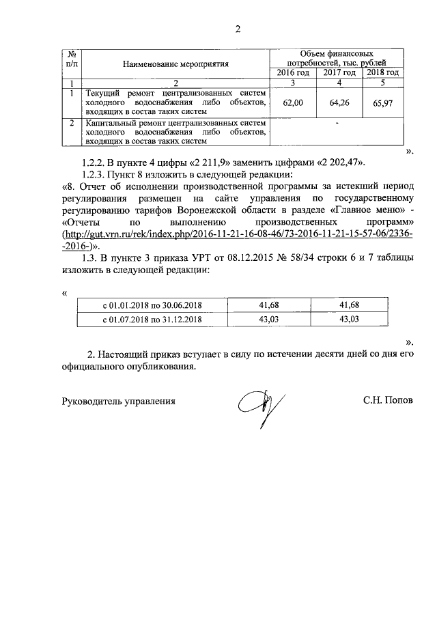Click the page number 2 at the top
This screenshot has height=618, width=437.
[x=238, y=29]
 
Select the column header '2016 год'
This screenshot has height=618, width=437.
[x=292, y=73]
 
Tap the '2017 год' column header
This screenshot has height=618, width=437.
[x=339, y=73]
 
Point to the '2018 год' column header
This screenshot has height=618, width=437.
[x=383, y=73]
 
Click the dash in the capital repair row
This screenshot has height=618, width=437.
[x=337, y=124]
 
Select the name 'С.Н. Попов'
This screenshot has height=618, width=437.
[x=387, y=402]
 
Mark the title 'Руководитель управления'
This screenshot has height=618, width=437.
[x=119, y=402]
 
